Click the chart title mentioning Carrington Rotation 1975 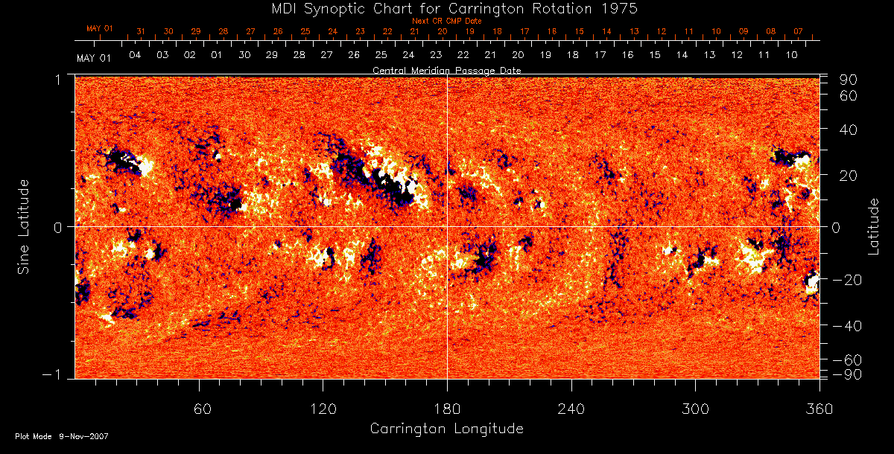pos(447,8)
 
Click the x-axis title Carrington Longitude pos(447,429)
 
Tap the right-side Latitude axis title pos(873,227)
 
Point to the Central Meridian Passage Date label pos(447,70)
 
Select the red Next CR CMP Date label pos(447,21)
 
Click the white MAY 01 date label pos(94,57)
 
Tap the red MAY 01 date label pos(99,28)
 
